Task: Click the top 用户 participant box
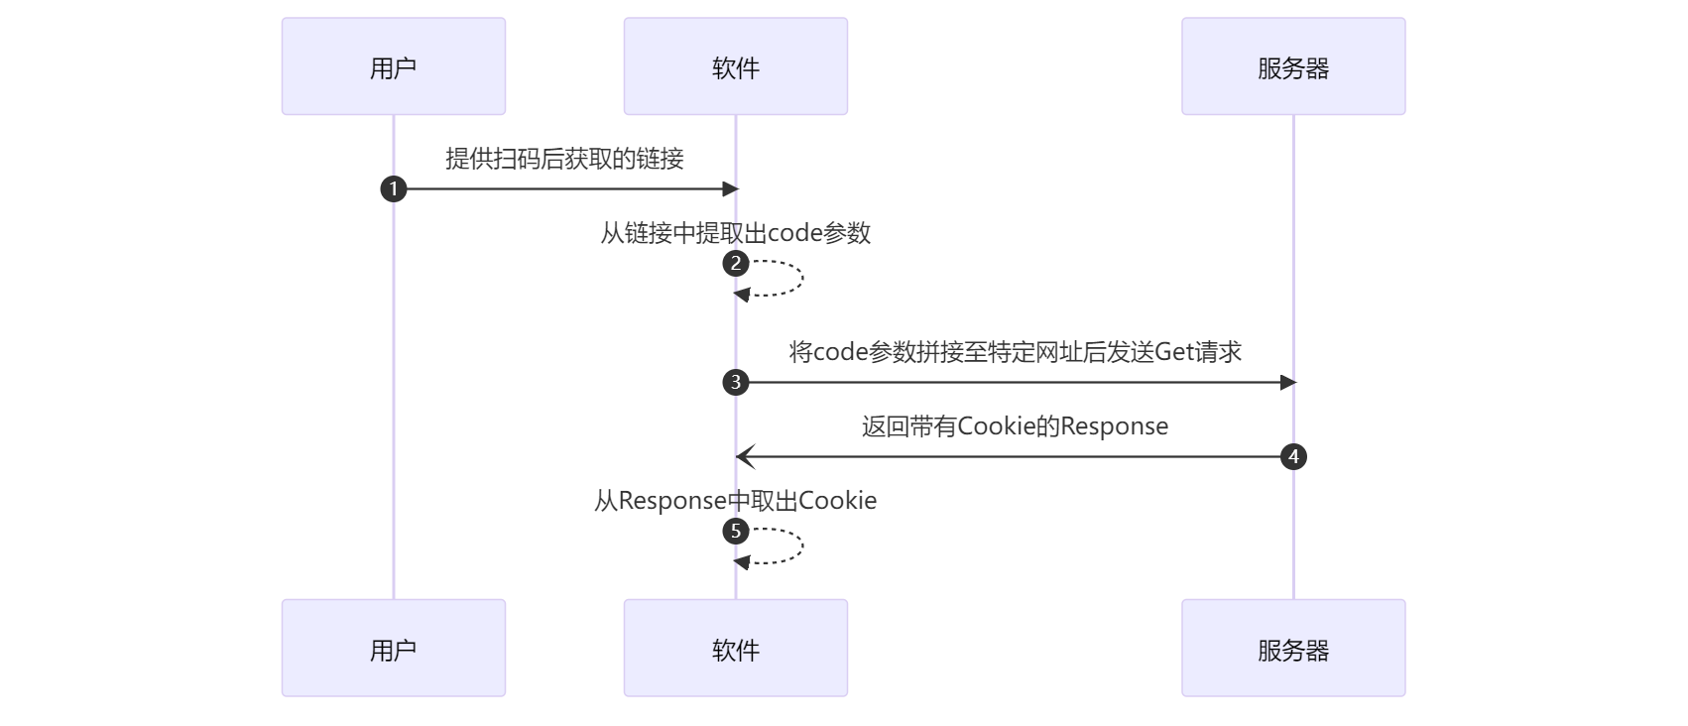(x=393, y=66)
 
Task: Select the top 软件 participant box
(x=735, y=66)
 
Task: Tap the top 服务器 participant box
(x=1292, y=66)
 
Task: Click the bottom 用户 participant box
(x=393, y=648)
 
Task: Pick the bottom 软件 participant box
(x=735, y=648)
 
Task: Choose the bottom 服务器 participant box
(x=1292, y=648)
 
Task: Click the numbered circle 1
(x=394, y=188)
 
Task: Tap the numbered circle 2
(x=736, y=264)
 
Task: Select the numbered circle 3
(x=736, y=382)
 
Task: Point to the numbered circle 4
(x=1293, y=457)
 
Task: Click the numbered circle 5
(x=736, y=532)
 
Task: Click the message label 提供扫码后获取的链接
(x=564, y=159)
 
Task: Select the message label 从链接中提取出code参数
(x=735, y=233)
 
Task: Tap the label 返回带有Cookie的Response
(x=1015, y=426)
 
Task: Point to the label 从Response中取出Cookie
(x=735, y=501)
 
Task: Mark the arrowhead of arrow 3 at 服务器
(x=1288, y=382)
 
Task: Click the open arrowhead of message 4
(x=745, y=457)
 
